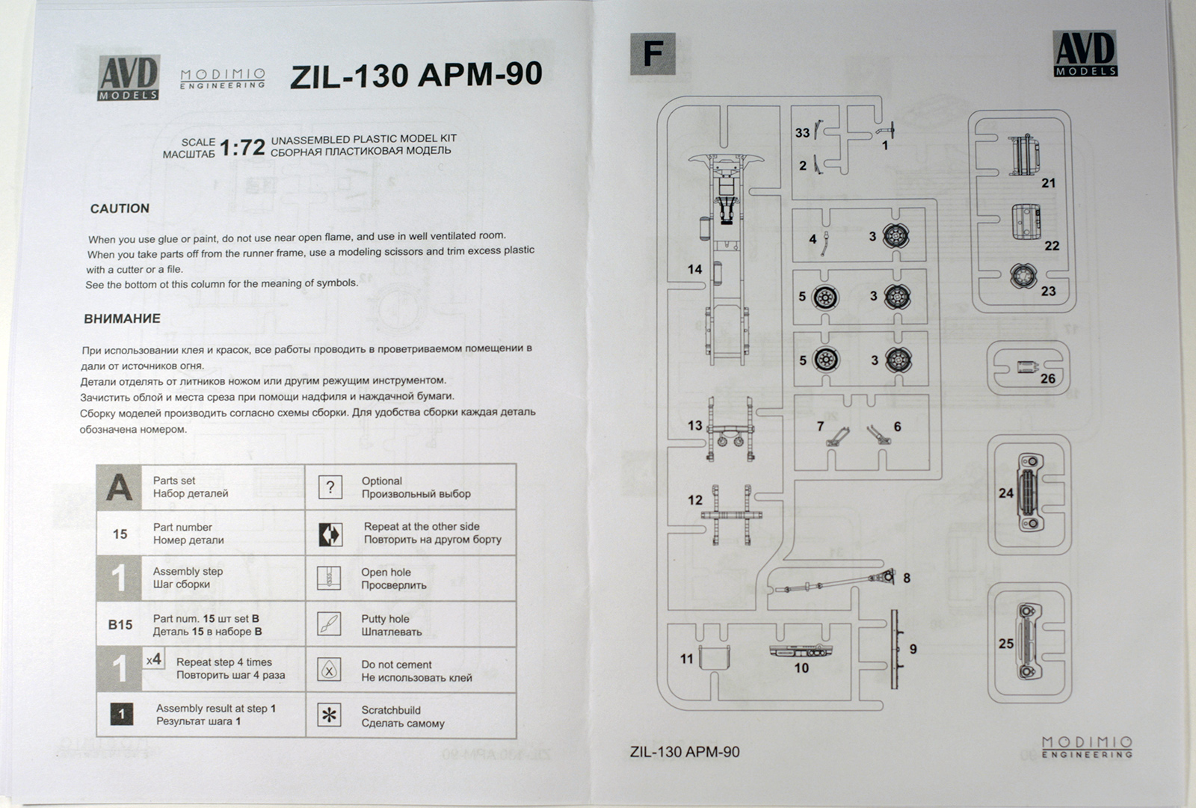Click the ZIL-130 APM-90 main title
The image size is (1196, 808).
coord(416,75)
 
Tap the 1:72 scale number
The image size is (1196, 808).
coord(242,147)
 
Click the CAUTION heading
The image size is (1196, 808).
coord(120,209)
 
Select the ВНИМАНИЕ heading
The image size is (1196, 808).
coord(122,318)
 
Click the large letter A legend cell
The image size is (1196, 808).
coord(120,487)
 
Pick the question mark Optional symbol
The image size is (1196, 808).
coord(330,487)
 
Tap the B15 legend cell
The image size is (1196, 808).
coord(120,624)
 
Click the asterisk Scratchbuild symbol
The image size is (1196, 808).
coord(329,715)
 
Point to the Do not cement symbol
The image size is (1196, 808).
coord(330,670)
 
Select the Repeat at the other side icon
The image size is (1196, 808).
coord(330,534)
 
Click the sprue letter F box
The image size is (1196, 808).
coord(653,54)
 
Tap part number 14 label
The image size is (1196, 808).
coord(695,269)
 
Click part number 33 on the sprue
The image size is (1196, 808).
coord(802,132)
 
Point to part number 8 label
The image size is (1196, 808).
coord(907,578)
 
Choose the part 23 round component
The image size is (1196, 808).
coord(1021,277)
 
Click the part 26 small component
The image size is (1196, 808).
coord(1026,367)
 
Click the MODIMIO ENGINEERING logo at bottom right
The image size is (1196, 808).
coord(1087,747)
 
